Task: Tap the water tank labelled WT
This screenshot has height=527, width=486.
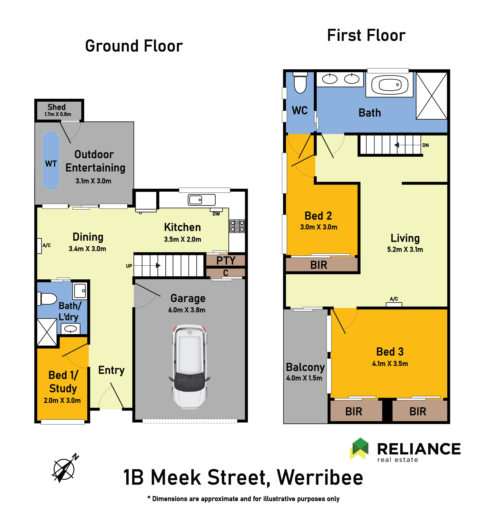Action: point(51,161)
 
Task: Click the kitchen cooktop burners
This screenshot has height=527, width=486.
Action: point(237,226)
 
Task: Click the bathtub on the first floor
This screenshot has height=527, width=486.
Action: point(390,85)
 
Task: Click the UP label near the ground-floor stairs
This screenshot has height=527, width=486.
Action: point(129,266)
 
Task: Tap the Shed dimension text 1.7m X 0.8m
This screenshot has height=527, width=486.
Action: point(58,114)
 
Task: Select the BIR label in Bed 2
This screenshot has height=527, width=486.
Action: point(319,265)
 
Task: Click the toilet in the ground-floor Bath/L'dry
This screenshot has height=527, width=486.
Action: point(47,299)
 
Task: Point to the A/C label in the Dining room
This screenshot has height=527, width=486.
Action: point(46,245)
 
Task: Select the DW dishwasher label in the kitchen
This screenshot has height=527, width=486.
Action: point(216,214)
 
